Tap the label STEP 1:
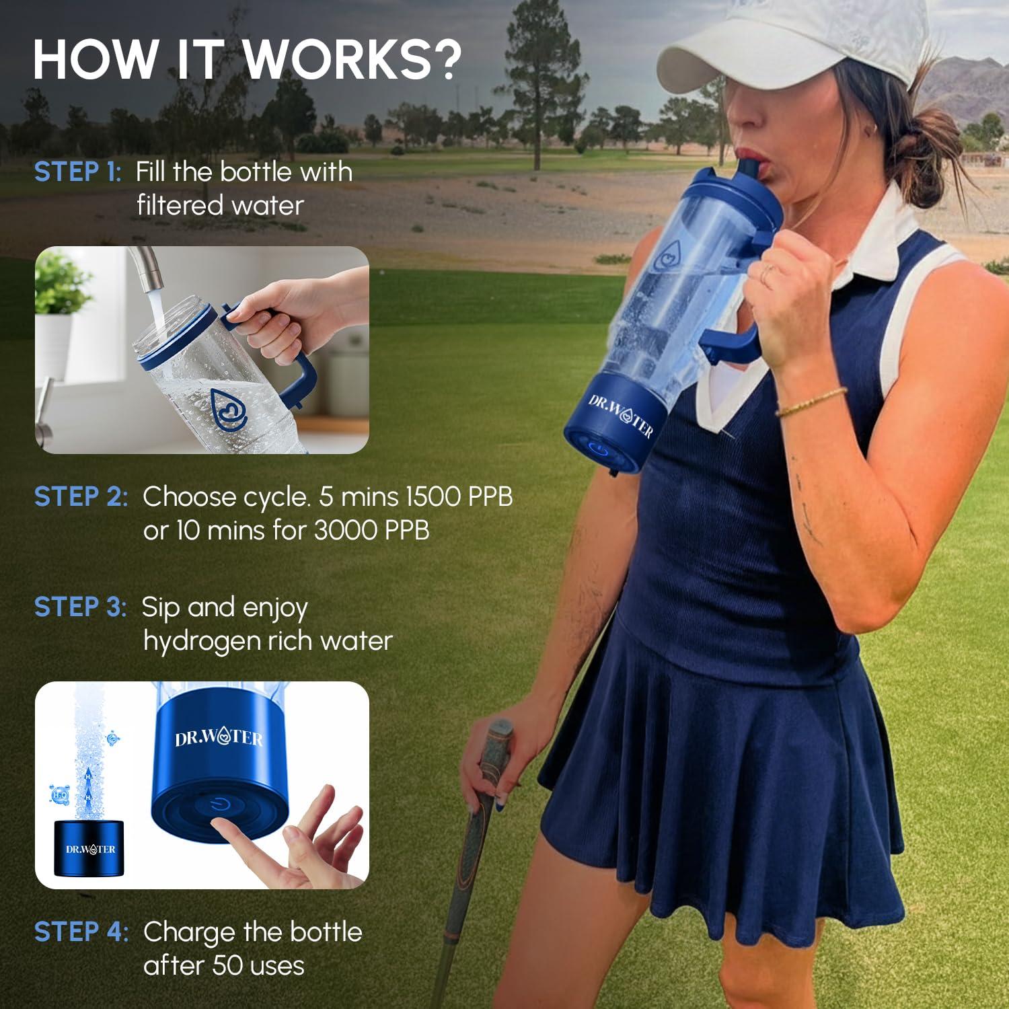[x=77, y=172]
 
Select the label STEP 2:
[x=80, y=497]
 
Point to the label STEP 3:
[x=80, y=607]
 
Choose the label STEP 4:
[x=81, y=932]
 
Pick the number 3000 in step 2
[x=346, y=531]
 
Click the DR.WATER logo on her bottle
[x=620, y=416]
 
